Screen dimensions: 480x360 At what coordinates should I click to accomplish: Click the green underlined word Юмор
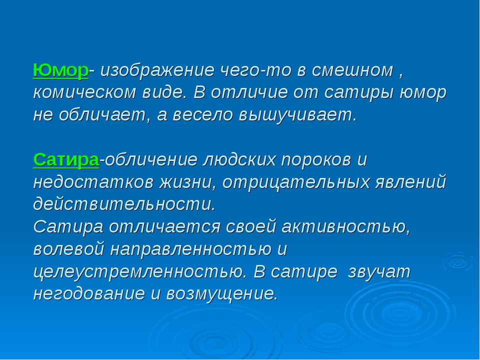coord(61,70)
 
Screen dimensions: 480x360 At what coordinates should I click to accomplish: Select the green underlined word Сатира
coord(66,160)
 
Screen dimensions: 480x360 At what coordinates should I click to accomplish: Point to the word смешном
coord(352,70)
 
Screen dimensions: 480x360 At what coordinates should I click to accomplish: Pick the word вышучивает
coord(298,115)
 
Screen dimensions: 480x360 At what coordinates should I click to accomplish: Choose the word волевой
coord(69,249)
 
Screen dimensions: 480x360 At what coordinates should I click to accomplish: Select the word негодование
coord(89,293)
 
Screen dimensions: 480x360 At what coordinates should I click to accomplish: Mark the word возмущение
coord(222,294)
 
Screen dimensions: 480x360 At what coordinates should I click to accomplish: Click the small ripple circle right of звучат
coord(458,262)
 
